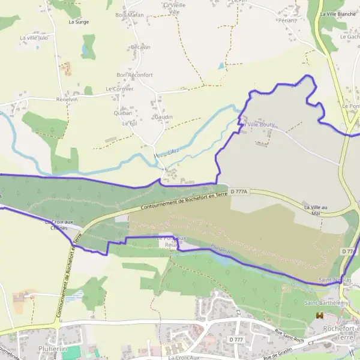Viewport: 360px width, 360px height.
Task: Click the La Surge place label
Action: click(x=79, y=22)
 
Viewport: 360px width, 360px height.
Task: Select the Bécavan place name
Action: click(x=140, y=47)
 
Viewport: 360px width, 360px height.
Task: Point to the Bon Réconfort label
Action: click(x=134, y=75)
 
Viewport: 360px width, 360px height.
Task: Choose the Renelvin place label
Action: click(x=67, y=100)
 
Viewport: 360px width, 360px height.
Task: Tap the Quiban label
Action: click(x=122, y=112)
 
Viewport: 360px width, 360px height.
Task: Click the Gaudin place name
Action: click(x=163, y=117)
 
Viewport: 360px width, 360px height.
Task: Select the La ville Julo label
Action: click(x=34, y=38)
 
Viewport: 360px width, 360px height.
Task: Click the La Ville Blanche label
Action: click(x=338, y=14)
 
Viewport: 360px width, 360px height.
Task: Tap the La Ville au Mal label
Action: click(x=317, y=209)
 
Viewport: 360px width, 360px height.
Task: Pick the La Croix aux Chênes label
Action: click(x=59, y=225)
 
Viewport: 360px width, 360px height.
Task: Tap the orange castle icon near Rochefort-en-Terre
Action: click(x=320, y=315)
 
